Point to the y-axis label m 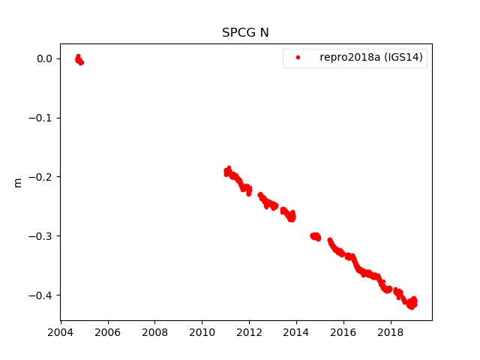tap(17, 182)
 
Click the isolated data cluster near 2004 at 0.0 tap(79, 60)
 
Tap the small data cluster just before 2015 tap(315, 236)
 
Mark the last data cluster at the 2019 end tap(411, 303)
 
